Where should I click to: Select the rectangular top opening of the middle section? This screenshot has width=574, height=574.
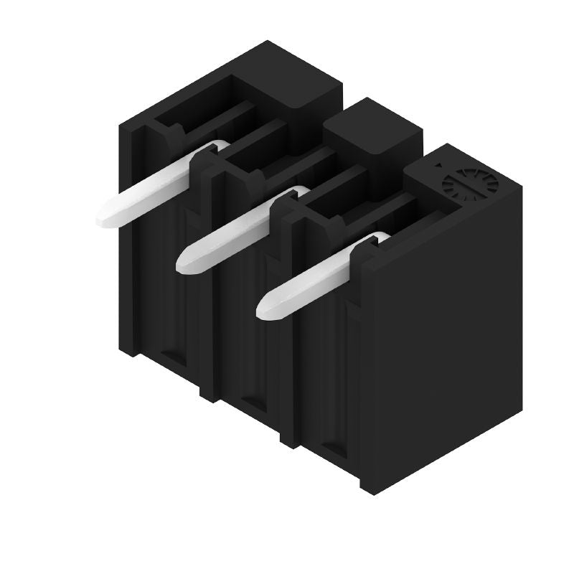coord(276,151)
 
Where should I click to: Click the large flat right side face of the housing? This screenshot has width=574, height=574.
coord(445,337)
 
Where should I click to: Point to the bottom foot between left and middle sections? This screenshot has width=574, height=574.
coord(209,391)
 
